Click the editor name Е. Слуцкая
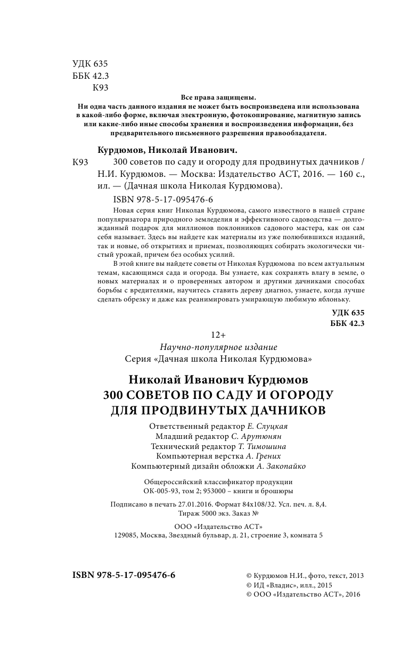(271, 427)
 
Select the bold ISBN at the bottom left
(124, 576)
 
